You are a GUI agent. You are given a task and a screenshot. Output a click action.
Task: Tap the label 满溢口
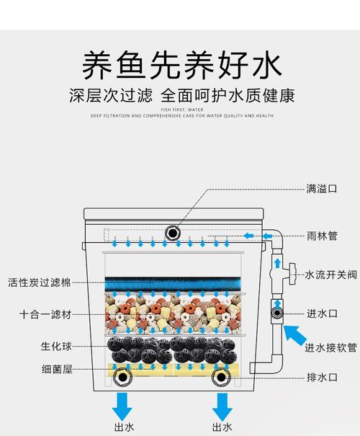point(322,189)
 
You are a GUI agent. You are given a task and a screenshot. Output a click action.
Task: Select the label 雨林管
point(322,235)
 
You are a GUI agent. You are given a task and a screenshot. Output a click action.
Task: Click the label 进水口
point(322,313)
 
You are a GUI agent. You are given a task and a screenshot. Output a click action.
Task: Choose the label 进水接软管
point(330,348)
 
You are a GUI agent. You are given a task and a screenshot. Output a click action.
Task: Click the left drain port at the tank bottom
point(123,377)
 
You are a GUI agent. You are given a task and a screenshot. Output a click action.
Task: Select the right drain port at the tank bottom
point(220,377)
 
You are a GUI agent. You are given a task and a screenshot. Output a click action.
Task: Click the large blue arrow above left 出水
point(123,404)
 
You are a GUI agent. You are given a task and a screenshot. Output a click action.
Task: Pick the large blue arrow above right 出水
point(220,404)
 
